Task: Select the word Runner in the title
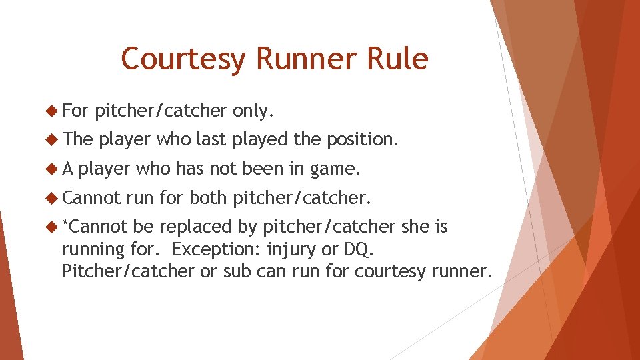click(307, 59)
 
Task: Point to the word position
click(363, 140)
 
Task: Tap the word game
click(335, 169)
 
